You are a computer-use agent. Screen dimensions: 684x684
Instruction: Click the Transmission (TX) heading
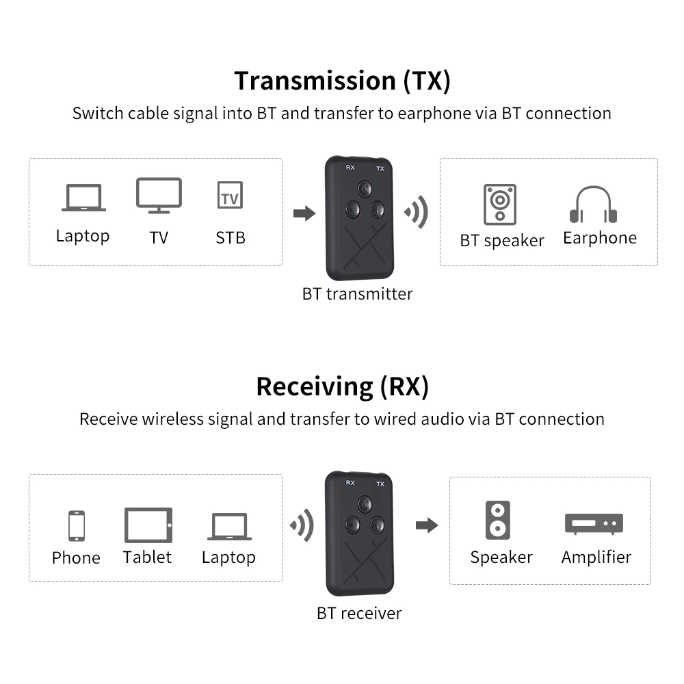click(x=342, y=81)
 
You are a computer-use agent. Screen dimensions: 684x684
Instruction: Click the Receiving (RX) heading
click(x=342, y=386)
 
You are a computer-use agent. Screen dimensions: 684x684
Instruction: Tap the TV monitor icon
click(x=159, y=196)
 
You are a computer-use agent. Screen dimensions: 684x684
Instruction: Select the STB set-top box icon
click(x=229, y=196)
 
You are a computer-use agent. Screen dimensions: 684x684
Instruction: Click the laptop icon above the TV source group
click(x=83, y=198)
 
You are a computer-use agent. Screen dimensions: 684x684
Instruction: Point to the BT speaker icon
click(x=499, y=205)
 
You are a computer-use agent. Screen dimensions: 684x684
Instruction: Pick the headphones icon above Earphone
click(x=593, y=205)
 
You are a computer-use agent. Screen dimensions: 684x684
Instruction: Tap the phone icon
click(x=76, y=526)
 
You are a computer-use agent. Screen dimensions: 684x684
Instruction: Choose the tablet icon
click(x=148, y=525)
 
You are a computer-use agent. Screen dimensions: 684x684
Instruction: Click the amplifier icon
click(x=594, y=524)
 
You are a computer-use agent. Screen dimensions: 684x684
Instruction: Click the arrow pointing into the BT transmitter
click(x=304, y=214)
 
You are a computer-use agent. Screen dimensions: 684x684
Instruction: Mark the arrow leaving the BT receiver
click(x=427, y=525)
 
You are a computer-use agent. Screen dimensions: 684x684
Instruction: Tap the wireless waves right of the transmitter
click(x=416, y=212)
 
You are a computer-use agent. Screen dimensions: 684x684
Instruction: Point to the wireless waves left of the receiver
click(x=302, y=525)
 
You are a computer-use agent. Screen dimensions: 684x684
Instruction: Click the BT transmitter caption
click(x=357, y=294)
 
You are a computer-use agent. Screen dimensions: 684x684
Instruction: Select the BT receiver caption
click(x=358, y=613)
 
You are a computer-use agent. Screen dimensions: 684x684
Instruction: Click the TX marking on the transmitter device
click(x=380, y=168)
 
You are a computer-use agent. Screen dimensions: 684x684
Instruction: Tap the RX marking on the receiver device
click(x=350, y=483)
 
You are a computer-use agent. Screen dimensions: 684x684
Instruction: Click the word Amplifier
click(x=596, y=557)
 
